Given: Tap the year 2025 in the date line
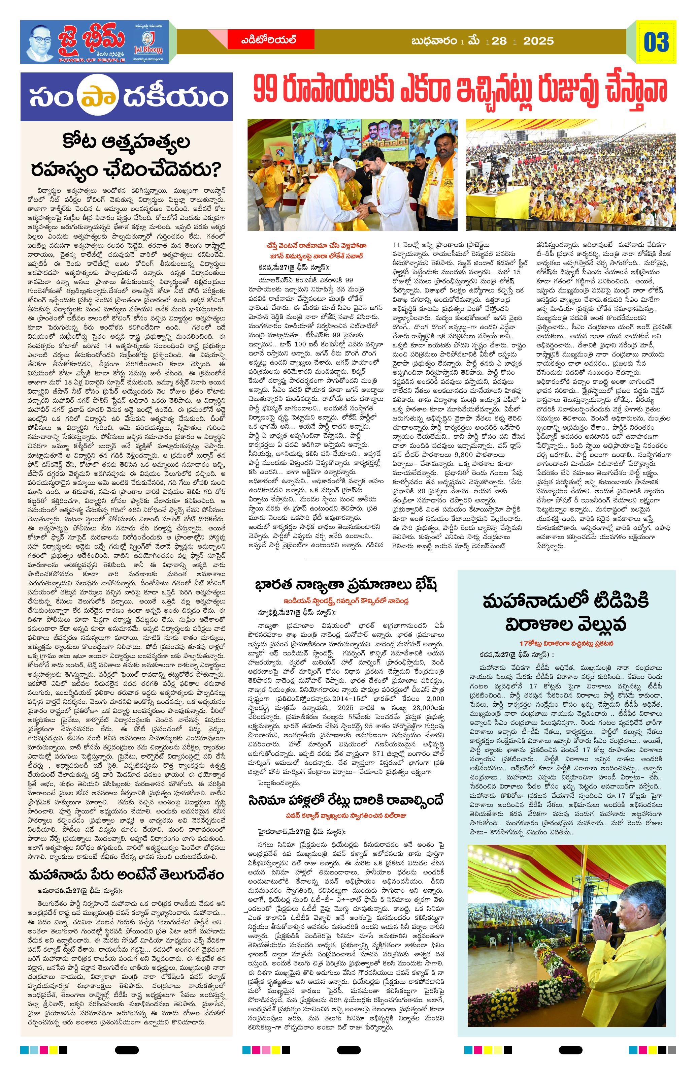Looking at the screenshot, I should tap(538, 41).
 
